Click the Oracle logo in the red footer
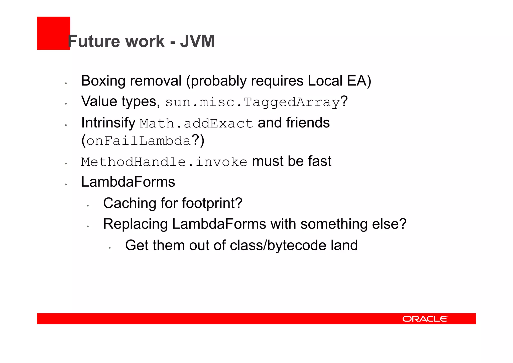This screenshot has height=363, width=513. point(425,319)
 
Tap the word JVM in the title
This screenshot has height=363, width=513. point(197,41)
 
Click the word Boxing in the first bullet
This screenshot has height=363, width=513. point(103,81)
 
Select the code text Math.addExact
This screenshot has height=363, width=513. point(196,123)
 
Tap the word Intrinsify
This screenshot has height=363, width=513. point(108,123)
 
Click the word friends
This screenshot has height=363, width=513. point(308,123)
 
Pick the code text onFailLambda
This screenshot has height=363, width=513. point(139,140)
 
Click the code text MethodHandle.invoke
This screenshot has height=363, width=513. point(164,162)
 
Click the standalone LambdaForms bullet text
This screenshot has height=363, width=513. point(128,182)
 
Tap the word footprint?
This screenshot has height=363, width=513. point(212,203)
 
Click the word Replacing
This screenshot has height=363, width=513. point(136,224)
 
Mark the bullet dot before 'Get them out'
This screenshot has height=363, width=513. point(110,248)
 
